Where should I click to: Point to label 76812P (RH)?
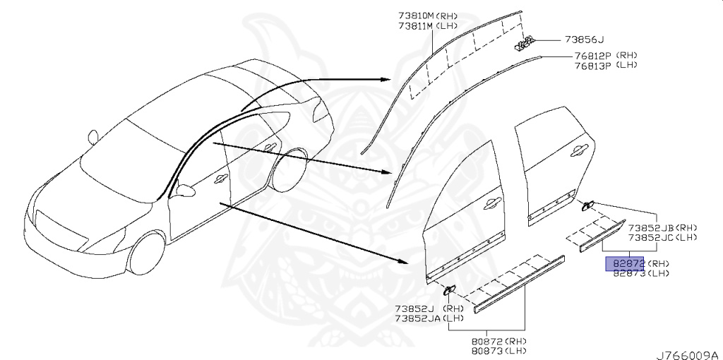(606, 55)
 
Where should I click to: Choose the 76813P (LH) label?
(606, 65)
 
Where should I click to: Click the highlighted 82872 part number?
(623, 263)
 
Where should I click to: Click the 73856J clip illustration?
(523, 45)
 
